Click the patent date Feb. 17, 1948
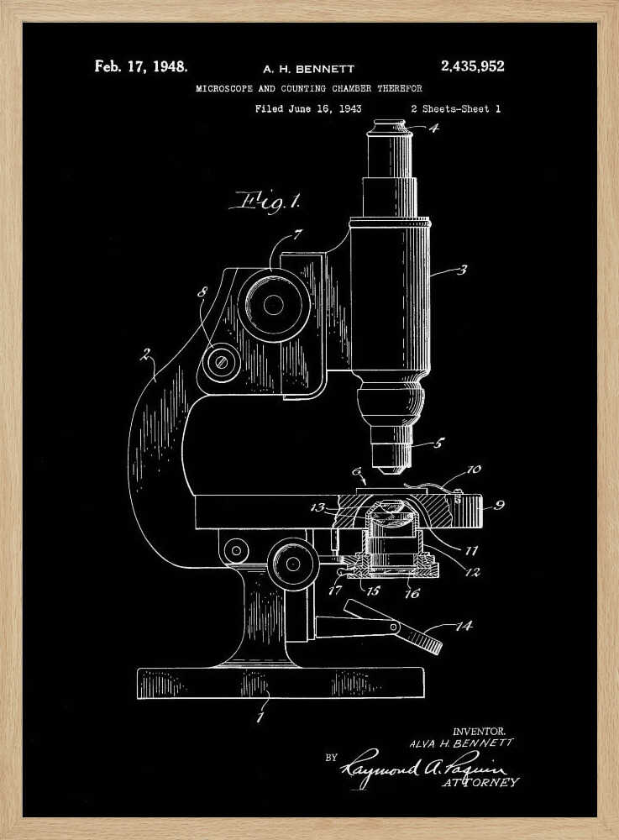pyautogui.click(x=140, y=66)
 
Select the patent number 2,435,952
pyautogui.click(x=472, y=66)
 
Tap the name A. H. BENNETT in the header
pyautogui.click(x=308, y=69)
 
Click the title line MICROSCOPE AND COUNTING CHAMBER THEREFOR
pyautogui.click(x=308, y=88)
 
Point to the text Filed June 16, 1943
pyautogui.click(x=308, y=108)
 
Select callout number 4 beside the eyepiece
pyautogui.click(x=433, y=129)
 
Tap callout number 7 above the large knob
pyautogui.click(x=296, y=234)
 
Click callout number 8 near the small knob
pyautogui.click(x=201, y=293)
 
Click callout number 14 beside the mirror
pyautogui.click(x=463, y=626)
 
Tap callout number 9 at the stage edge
pyautogui.click(x=499, y=506)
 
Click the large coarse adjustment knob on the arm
pyautogui.click(x=275, y=304)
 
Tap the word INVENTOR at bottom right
pyautogui.click(x=479, y=731)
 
